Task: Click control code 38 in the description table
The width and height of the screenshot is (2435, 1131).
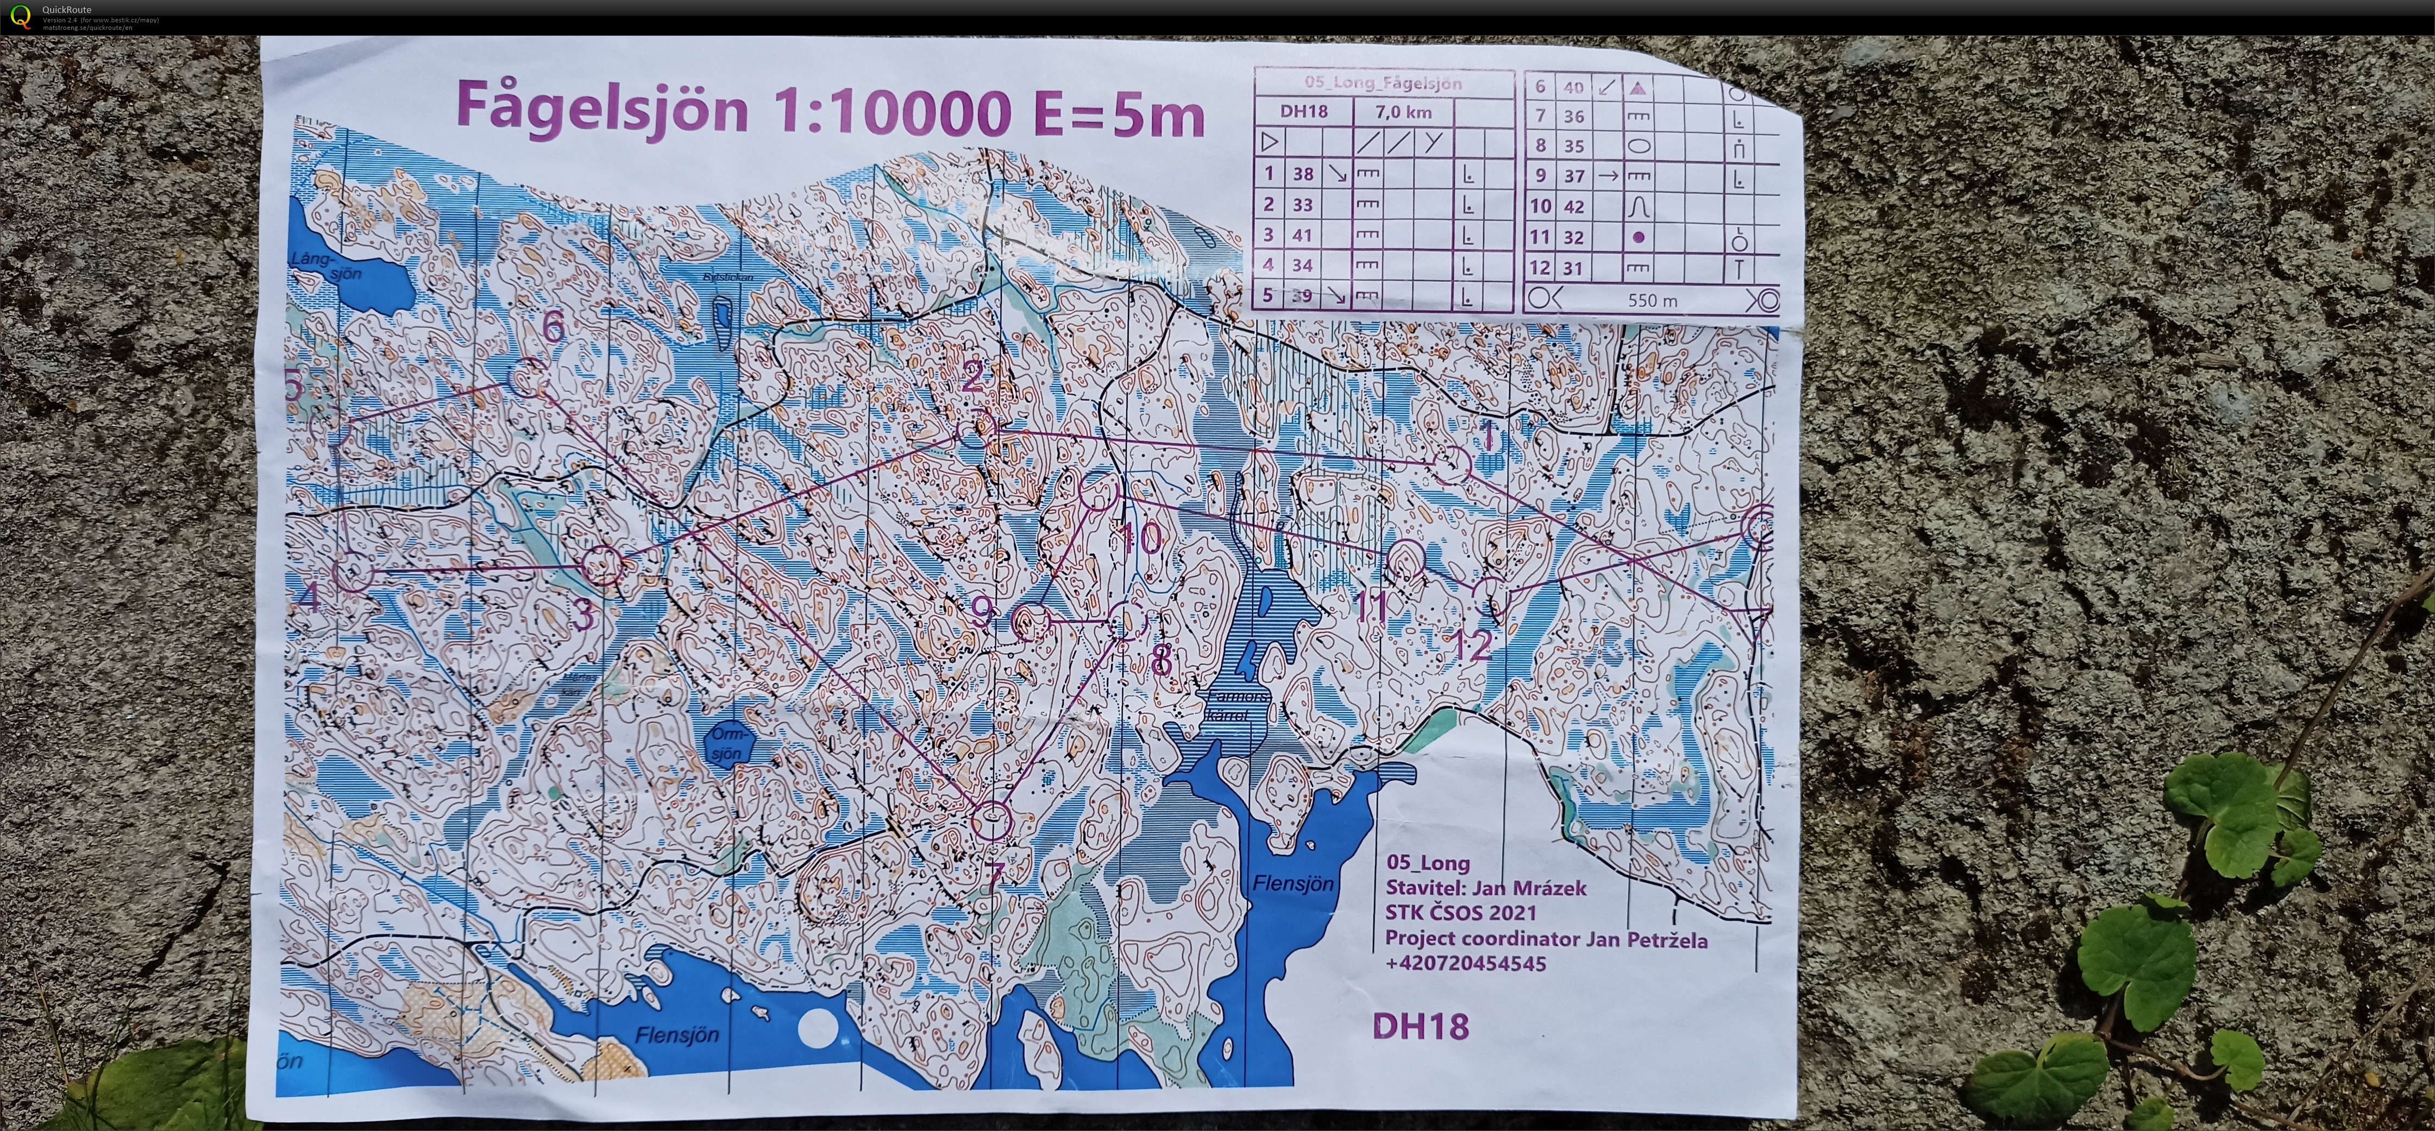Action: tap(1303, 174)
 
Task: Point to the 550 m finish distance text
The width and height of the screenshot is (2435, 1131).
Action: tap(1652, 300)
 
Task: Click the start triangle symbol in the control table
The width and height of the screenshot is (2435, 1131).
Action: tap(1270, 143)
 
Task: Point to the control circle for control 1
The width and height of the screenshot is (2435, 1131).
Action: tap(1451, 464)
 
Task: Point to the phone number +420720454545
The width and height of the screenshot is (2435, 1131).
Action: tap(1465, 964)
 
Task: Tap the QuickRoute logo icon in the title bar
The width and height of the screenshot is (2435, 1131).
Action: tap(19, 17)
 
